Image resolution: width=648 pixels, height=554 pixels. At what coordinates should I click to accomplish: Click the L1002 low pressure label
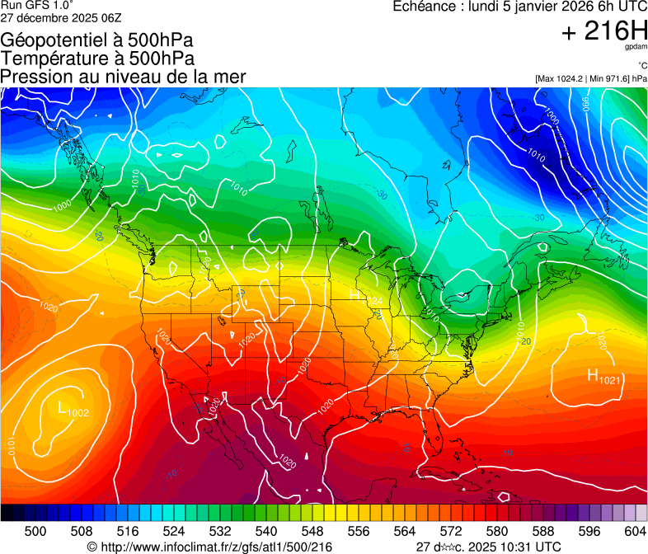coord(73,409)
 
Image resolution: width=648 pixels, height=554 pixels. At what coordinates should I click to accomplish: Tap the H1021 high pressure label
coord(604,377)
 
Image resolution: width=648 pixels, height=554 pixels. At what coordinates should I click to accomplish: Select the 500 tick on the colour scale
coord(35,531)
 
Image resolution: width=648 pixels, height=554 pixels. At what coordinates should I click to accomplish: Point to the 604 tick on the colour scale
coord(635,531)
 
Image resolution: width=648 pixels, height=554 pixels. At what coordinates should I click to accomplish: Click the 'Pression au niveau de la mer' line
coord(123,77)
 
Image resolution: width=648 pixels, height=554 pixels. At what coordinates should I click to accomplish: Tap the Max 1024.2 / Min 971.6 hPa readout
coord(591,78)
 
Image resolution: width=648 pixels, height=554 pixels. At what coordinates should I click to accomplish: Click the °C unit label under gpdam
coord(642,66)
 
